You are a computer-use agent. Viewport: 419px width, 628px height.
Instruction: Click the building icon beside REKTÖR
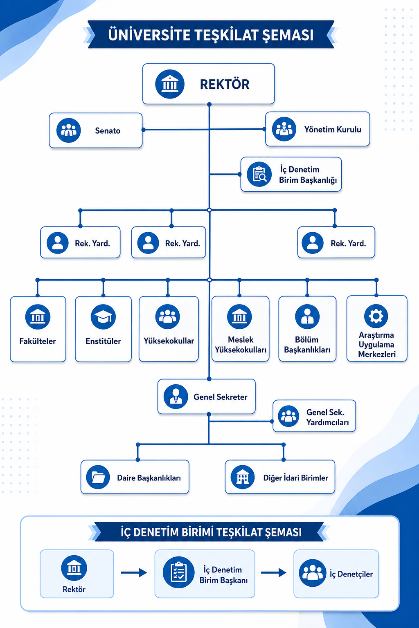click(x=170, y=84)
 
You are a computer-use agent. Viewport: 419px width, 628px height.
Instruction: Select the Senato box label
click(x=108, y=131)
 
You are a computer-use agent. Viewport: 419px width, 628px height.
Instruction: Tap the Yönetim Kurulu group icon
click(x=284, y=129)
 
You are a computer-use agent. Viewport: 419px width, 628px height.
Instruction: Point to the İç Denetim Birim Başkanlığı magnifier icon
click(x=259, y=175)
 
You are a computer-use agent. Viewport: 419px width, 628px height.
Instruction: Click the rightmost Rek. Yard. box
click(x=336, y=242)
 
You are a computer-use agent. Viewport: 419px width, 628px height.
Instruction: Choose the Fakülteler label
click(x=38, y=341)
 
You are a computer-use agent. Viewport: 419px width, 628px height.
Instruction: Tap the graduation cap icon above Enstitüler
click(x=103, y=317)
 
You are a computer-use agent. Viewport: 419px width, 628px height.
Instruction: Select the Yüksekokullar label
click(x=169, y=341)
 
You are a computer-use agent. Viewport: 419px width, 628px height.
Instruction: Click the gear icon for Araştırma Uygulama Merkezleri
click(x=376, y=316)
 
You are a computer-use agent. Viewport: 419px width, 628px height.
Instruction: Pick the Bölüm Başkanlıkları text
click(x=307, y=345)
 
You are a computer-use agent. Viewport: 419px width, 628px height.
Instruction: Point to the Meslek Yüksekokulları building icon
click(x=239, y=317)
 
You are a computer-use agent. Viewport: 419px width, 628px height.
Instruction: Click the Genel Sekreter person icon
click(x=176, y=397)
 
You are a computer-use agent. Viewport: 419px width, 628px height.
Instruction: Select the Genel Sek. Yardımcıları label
click(x=327, y=417)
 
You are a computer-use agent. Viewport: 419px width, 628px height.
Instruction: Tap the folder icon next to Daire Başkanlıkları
click(x=98, y=477)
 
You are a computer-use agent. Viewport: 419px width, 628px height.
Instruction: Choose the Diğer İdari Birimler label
click(x=295, y=478)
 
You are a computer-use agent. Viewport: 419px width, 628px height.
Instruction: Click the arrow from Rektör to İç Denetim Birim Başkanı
click(x=134, y=572)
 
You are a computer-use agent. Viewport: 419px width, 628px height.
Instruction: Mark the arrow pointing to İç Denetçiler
click(x=274, y=572)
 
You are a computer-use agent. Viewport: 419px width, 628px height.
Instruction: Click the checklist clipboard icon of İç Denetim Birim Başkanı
click(x=178, y=572)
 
